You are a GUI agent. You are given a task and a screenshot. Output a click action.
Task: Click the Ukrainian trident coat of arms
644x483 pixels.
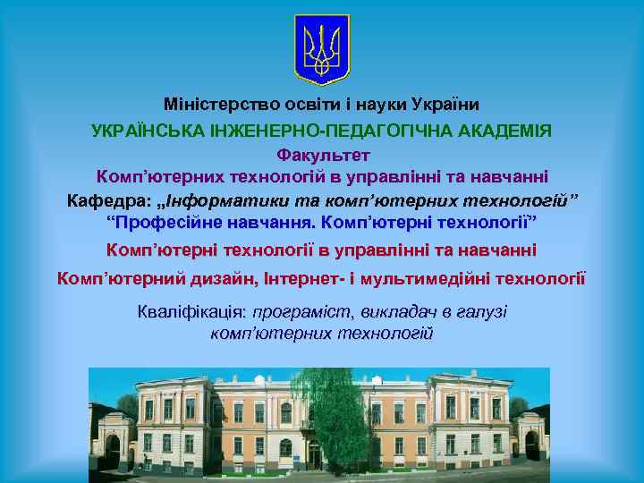coord(322,49)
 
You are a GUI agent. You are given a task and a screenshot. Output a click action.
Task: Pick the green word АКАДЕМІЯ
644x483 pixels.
coord(511,131)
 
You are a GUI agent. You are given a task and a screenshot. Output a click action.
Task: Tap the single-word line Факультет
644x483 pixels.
coord(322,155)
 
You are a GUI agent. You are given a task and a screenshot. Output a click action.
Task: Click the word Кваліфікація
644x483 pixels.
coord(191,311)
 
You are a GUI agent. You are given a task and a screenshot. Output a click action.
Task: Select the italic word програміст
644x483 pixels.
coord(304,311)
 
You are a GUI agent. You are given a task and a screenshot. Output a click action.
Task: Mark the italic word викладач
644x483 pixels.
coord(399,311)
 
